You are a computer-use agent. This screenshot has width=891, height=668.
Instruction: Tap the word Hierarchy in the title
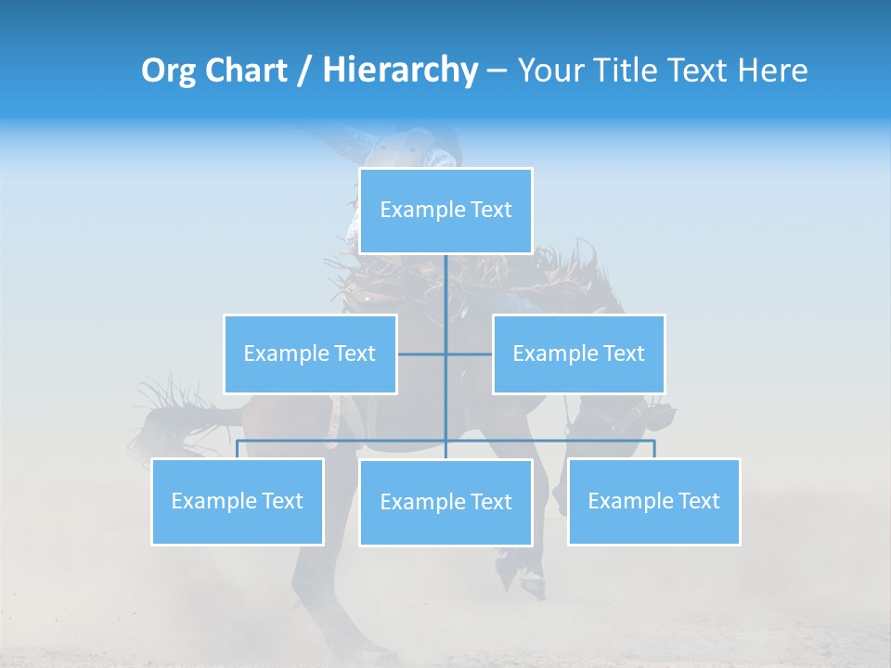coord(399,71)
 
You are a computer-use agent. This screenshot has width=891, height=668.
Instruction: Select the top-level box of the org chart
coord(445,210)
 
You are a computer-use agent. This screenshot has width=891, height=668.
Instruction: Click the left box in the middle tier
coord(310,353)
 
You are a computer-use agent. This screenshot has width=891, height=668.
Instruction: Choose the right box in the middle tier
coord(578,353)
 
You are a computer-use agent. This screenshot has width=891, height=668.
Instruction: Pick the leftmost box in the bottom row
coord(237,501)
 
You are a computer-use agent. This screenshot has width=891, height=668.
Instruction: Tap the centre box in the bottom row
coord(445,502)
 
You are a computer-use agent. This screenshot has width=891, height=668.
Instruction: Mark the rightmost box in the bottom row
coord(653,501)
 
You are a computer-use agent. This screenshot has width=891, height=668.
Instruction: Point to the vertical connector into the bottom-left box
coord(237,449)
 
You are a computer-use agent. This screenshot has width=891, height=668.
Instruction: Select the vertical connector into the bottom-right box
coord(654,449)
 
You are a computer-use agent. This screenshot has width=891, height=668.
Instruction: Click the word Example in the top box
coord(413,210)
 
